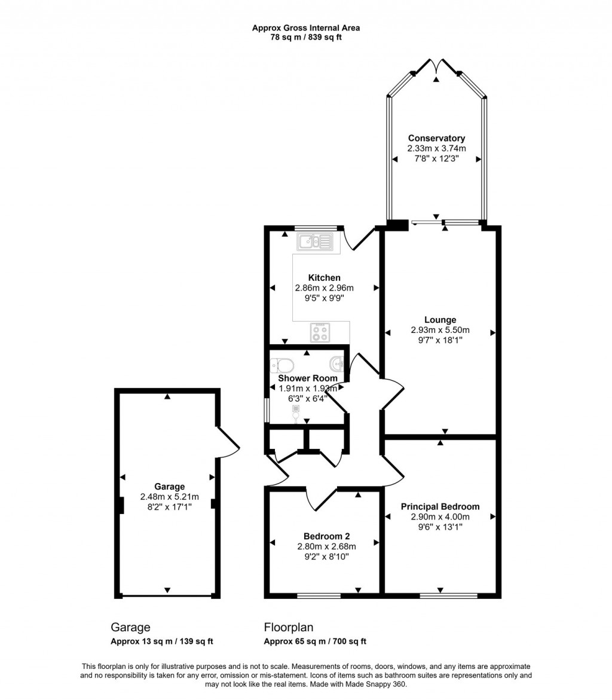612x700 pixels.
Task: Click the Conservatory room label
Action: [x=436, y=138]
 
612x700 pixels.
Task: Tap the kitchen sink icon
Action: [x=315, y=242]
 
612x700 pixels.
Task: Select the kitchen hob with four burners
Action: [x=320, y=332]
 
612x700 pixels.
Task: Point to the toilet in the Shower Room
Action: [x=281, y=365]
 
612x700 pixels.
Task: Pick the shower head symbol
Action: [x=295, y=411]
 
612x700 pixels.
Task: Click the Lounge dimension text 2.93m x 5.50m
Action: [x=440, y=330]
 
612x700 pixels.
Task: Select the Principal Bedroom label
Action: [x=440, y=506]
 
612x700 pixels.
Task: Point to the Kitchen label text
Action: [x=324, y=277]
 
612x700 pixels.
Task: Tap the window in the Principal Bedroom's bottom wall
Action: [x=448, y=595]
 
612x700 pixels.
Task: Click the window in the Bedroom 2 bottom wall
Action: [x=319, y=595]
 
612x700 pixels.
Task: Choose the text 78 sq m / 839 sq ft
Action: [x=305, y=37]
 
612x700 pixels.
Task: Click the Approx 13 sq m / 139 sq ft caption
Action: [x=162, y=641]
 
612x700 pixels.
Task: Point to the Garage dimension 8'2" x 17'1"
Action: [x=170, y=506]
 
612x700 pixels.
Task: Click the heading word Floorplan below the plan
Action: [x=289, y=627]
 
